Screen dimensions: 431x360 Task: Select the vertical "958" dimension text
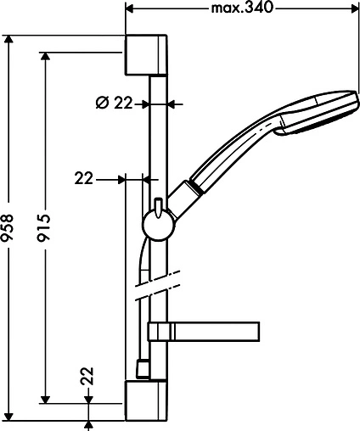(9, 229)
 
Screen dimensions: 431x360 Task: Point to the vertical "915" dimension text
(47, 229)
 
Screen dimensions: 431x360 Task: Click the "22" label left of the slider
(84, 179)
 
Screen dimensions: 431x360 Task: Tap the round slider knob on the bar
(158, 224)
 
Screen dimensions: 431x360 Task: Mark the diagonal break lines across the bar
(158, 285)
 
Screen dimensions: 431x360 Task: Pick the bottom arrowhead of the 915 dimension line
(47, 397)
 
